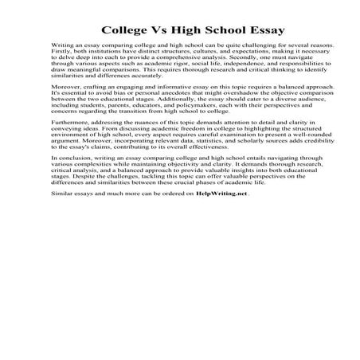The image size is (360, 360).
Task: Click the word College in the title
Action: [126, 31]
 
